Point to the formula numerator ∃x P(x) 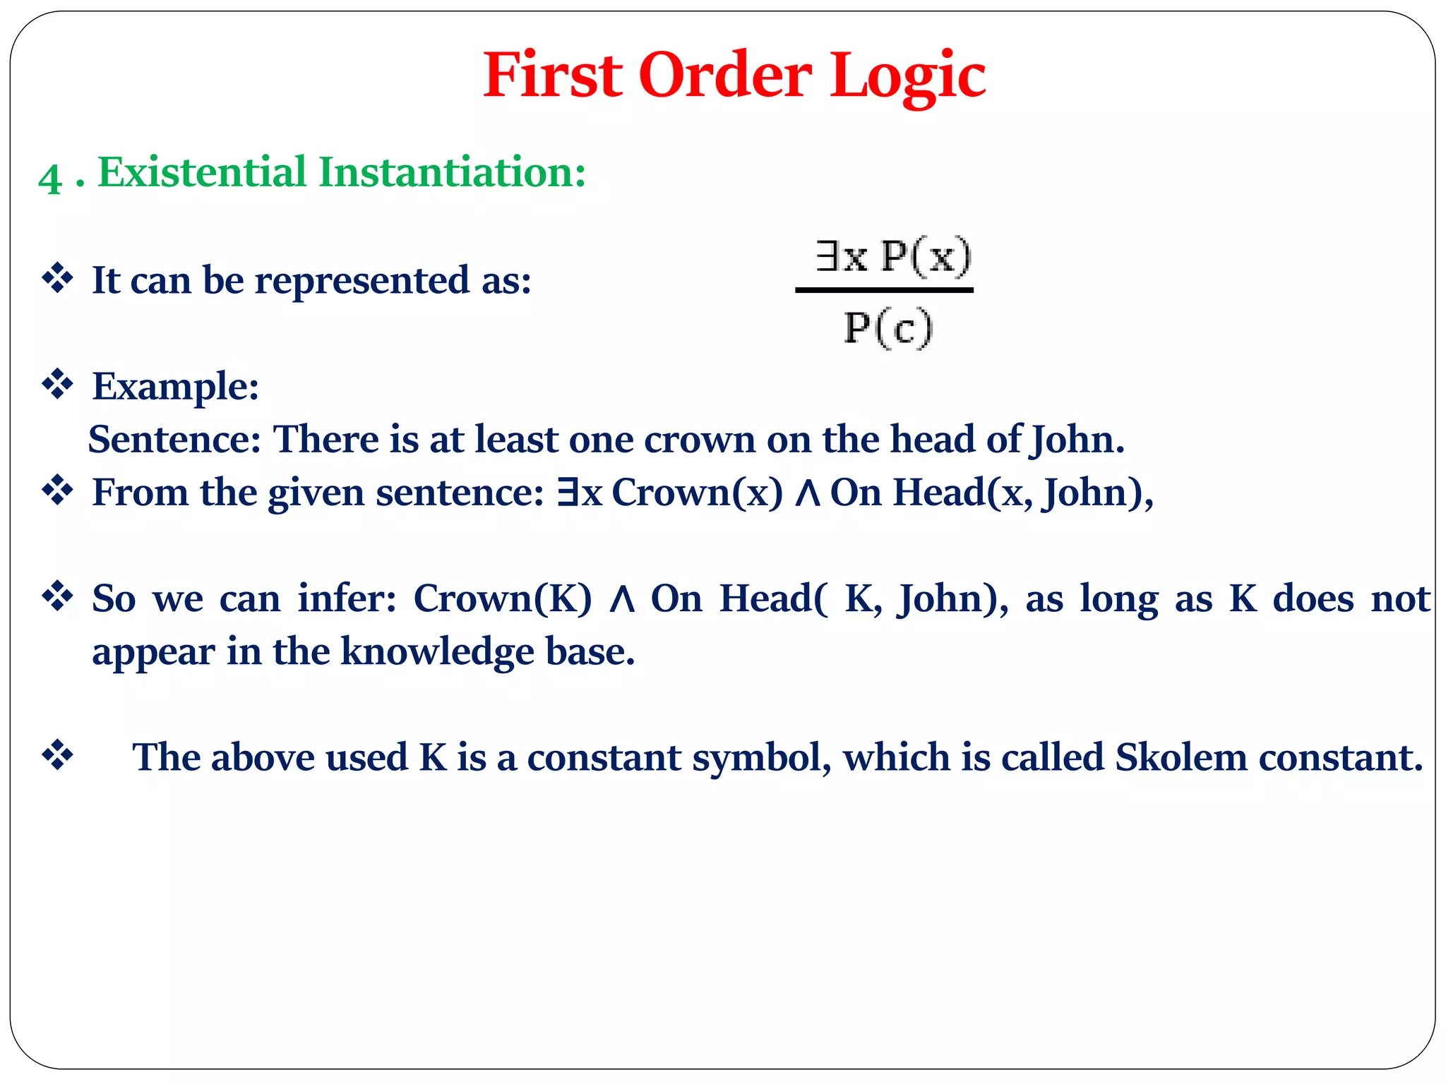(892, 256)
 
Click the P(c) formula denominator (888, 328)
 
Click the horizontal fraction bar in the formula (884, 290)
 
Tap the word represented (361, 281)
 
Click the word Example (175, 387)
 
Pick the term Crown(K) (502, 598)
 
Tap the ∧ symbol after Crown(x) (806, 493)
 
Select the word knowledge (437, 651)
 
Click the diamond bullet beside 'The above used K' (57, 756)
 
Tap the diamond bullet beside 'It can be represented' (57, 279)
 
